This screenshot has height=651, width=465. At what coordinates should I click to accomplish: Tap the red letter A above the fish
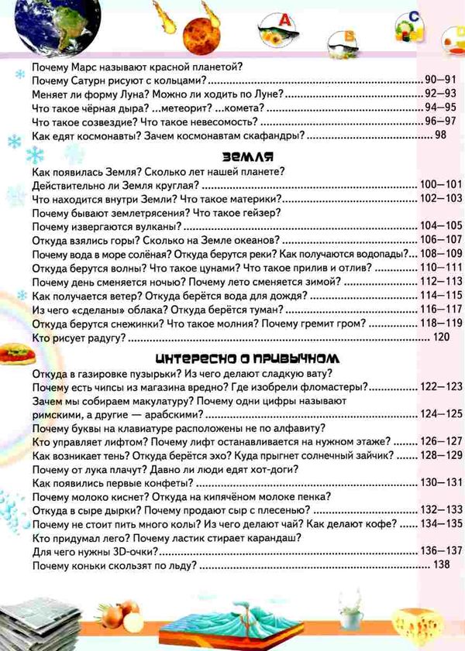tap(284, 19)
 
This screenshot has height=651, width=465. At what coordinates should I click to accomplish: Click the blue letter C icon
tap(415, 15)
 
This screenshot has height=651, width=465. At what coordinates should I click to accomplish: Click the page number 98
tap(440, 135)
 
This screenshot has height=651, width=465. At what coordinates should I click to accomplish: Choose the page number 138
tap(440, 566)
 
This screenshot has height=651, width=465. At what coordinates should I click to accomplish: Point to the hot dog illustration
tap(13, 353)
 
